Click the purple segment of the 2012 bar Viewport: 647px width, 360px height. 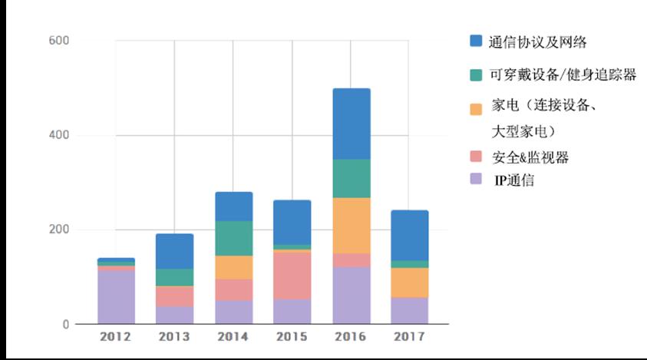[116, 297]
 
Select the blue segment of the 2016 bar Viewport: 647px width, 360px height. [352, 124]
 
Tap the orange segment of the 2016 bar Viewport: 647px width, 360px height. [352, 226]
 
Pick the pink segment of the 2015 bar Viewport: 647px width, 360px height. [292, 275]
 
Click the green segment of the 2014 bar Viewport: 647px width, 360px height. [233, 238]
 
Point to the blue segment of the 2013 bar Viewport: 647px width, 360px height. [175, 251]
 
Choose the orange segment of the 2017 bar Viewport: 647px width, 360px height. [410, 282]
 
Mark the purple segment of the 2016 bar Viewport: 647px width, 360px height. [352, 296]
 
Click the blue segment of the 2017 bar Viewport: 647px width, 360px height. [410, 235]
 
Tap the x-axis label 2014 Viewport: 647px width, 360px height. [233, 337]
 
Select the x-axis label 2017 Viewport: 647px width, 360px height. [410, 337]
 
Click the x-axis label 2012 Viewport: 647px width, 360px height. [116, 337]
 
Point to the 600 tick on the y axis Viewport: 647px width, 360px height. [59, 41]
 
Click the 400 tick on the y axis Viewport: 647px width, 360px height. [59, 136]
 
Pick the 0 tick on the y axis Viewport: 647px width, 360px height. [67, 325]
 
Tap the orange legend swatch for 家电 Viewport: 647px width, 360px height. [476, 109]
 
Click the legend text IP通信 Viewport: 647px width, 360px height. [513, 181]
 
